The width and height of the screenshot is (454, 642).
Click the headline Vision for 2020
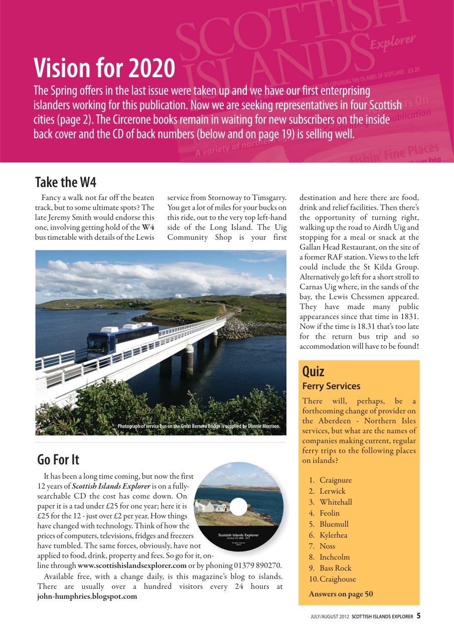coord(104,69)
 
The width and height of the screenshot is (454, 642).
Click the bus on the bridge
coord(123,338)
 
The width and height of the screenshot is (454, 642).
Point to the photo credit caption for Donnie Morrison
coord(198,426)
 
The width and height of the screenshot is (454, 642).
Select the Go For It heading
coord(58,459)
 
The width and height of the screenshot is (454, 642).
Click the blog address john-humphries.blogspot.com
coord(87,596)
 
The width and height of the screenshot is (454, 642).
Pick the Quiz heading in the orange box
coord(314,372)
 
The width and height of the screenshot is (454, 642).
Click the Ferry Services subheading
coord(331,386)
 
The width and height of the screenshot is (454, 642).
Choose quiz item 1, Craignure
coord(335,480)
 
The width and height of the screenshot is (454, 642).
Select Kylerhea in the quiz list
coord(333,535)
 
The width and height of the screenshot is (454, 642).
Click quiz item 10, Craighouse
coord(337,579)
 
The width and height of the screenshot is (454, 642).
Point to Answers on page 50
coord(341,594)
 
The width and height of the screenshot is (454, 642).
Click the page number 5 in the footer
coord(418,616)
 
